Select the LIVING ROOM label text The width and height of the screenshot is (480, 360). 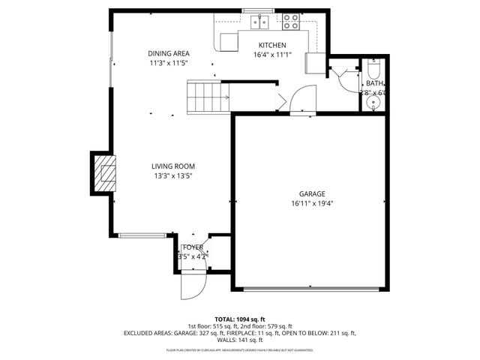click(173, 166)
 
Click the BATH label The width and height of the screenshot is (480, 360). click(375, 83)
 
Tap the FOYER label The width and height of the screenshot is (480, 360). click(193, 247)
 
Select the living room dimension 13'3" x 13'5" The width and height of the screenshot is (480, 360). click(173, 176)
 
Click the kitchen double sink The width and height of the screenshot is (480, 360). click(260, 22)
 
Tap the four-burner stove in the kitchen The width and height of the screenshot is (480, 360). click(290, 21)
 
